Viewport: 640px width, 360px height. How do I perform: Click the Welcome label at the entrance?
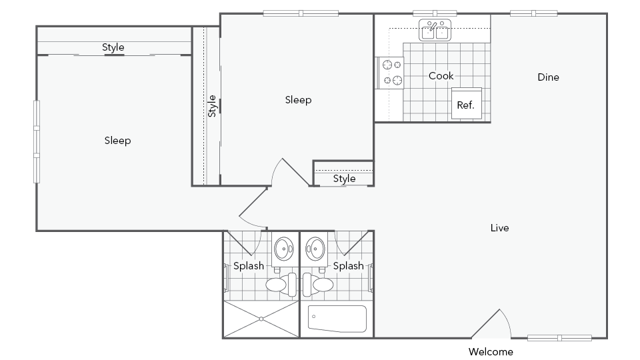[x=491, y=351]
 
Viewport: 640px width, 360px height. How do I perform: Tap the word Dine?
[x=548, y=77]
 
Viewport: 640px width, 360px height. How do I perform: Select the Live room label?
[x=500, y=228]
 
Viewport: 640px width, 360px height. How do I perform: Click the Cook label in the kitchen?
[x=441, y=76]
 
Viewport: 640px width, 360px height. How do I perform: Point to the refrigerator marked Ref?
[x=466, y=103]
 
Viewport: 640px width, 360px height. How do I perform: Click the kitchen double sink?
[x=435, y=30]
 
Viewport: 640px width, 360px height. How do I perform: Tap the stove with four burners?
[x=391, y=73]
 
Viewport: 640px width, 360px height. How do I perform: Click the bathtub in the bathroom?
[x=337, y=319]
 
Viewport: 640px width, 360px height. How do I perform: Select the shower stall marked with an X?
[x=261, y=319]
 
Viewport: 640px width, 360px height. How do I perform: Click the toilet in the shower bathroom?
[x=281, y=284]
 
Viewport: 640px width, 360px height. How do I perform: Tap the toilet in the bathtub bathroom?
[x=318, y=284]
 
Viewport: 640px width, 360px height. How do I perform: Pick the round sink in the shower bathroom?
[x=284, y=249]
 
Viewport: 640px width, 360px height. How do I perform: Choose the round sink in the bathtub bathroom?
[x=316, y=249]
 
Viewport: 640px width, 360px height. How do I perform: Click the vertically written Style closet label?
[x=212, y=106]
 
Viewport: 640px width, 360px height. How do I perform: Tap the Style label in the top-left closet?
[x=113, y=47]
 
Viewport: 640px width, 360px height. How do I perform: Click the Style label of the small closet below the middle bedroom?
[x=344, y=179]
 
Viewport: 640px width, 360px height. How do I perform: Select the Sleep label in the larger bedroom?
[x=118, y=141]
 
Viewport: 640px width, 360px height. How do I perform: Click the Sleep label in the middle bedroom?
[x=298, y=100]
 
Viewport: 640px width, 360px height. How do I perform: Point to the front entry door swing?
[x=492, y=324]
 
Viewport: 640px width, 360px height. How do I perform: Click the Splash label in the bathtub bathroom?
[x=348, y=266]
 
